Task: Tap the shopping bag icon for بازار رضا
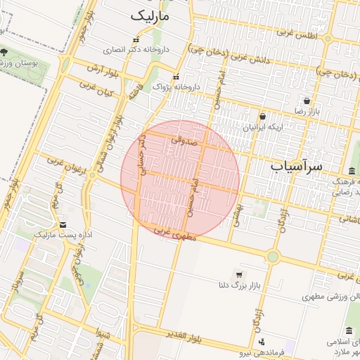[307, 101]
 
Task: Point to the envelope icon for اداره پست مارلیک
[63, 225]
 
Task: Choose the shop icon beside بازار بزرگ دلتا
[239, 274]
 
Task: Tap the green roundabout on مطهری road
[273, 256]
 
